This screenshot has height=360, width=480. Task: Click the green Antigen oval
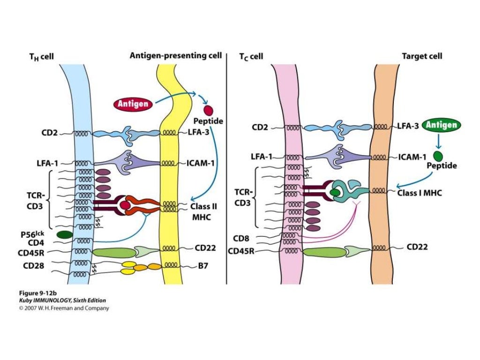point(441,125)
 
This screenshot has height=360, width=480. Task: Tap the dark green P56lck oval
point(64,234)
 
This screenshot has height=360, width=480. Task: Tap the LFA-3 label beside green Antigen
point(407,126)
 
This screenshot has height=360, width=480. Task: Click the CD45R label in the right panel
point(241,251)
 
